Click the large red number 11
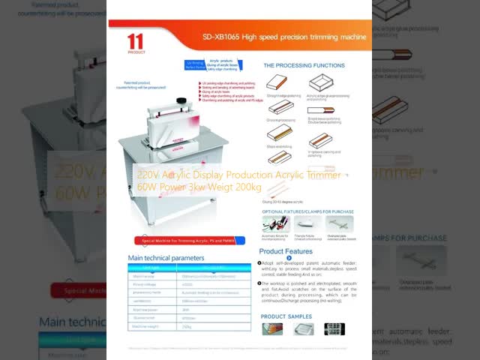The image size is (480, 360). (136, 40)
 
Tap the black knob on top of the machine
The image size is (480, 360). (180, 100)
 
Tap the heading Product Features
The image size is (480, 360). (286, 251)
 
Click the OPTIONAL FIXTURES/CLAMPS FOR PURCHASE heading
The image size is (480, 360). (307, 211)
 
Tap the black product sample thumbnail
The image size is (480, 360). (334, 328)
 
